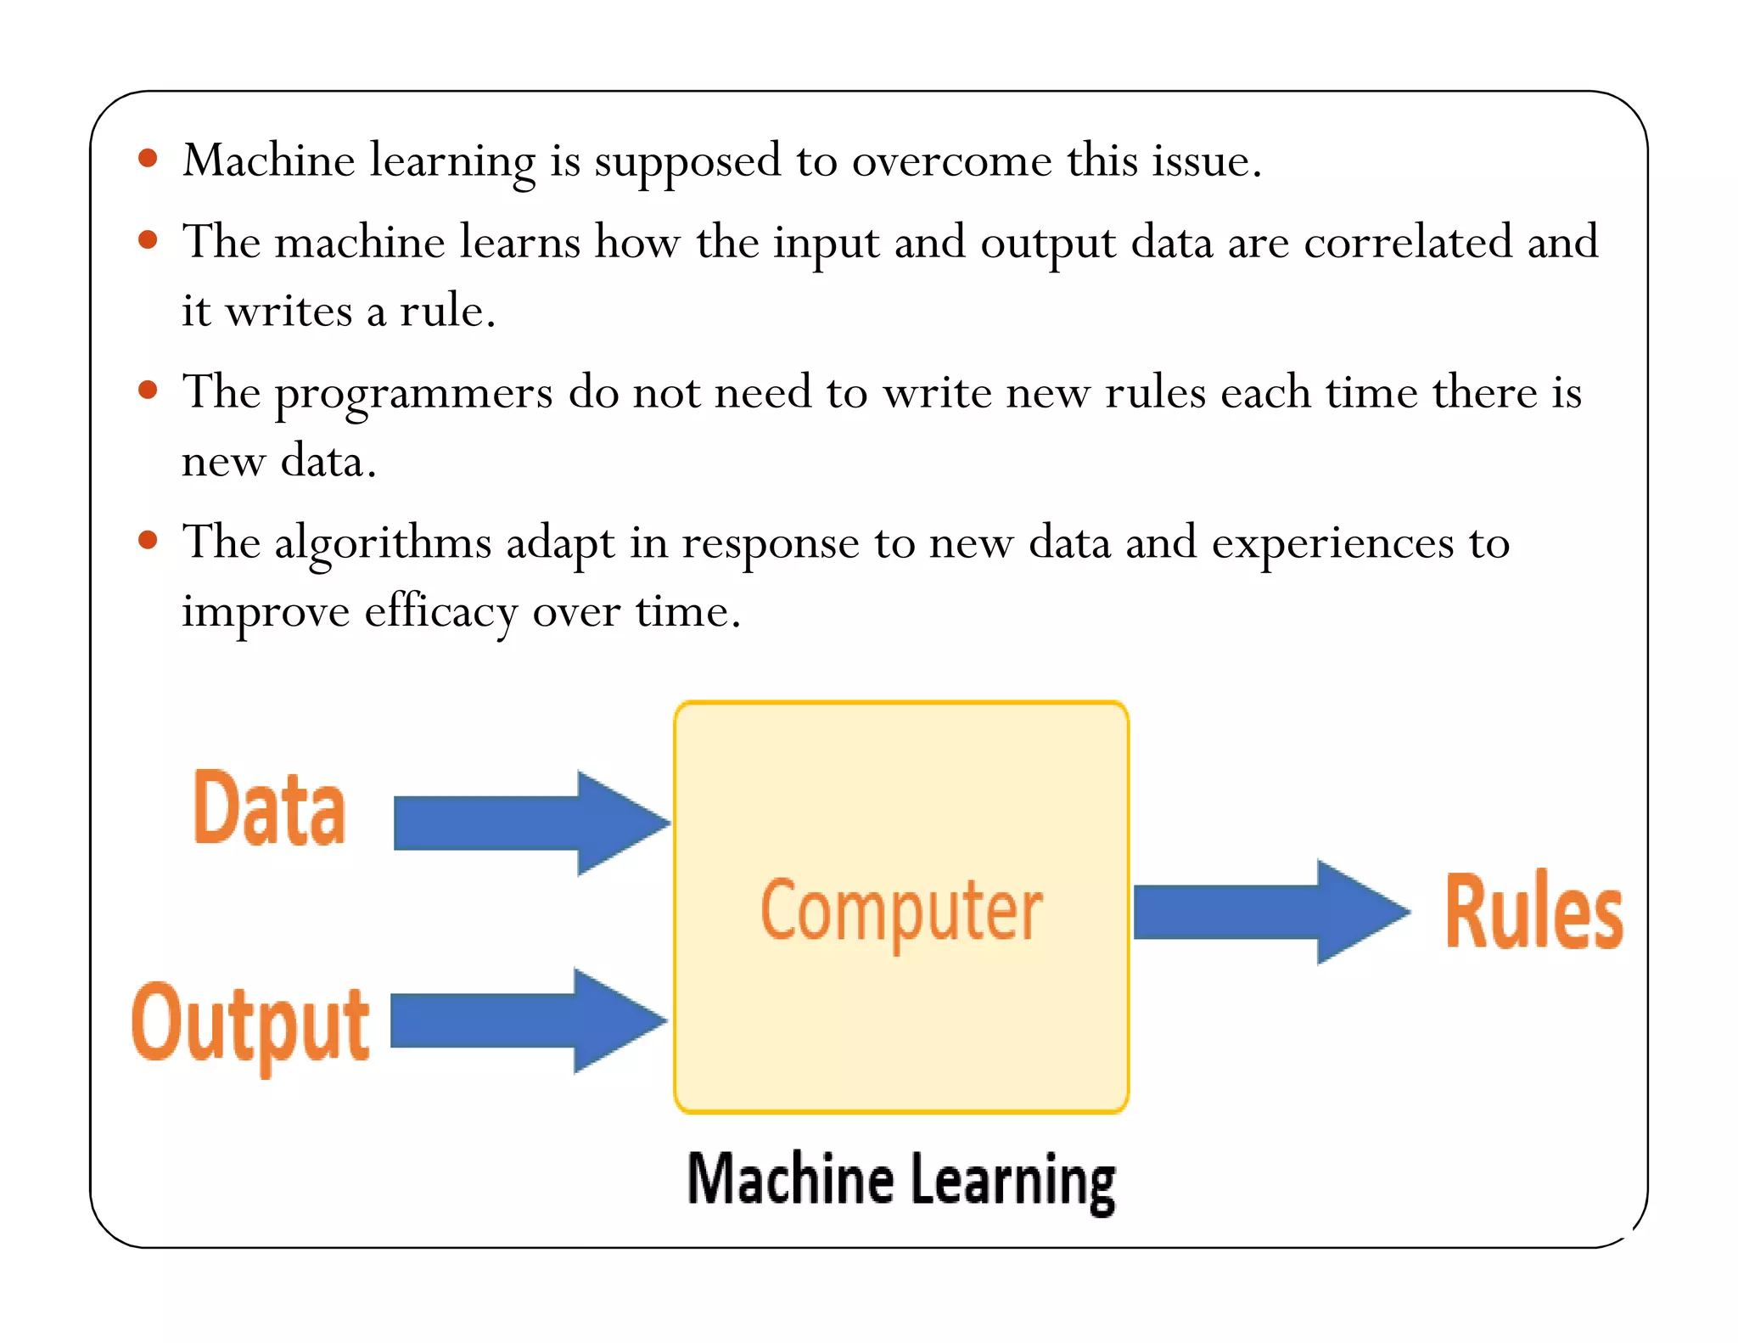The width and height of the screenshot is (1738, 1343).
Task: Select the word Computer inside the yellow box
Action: click(x=901, y=911)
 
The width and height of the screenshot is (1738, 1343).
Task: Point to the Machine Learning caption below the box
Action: click(x=901, y=1180)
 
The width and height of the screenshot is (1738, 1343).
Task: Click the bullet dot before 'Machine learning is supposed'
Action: click(x=149, y=159)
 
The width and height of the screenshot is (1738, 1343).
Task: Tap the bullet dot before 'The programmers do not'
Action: click(x=149, y=391)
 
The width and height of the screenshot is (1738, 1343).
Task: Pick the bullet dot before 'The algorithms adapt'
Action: click(x=149, y=541)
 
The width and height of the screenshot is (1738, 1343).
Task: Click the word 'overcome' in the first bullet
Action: click(x=951, y=161)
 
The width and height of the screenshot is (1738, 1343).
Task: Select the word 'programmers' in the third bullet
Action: click(x=413, y=394)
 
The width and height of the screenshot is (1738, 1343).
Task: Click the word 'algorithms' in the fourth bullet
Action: click(x=383, y=544)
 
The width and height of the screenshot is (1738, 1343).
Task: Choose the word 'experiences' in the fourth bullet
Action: click(x=1332, y=544)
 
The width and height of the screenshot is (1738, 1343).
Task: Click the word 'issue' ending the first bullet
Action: click(x=1206, y=161)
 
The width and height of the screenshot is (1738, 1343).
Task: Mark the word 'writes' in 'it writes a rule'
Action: click(x=288, y=312)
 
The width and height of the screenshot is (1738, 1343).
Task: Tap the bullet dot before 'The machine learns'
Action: click(x=149, y=240)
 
